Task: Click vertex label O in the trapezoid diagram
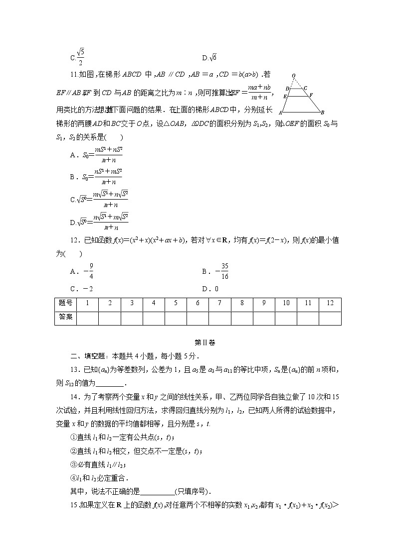click(x=294, y=76)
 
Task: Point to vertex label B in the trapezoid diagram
click(x=323, y=112)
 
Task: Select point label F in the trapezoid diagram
click(x=311, y=95)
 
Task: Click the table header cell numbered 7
click(x=219, y=303)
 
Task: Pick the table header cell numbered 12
click(x=330, y=303)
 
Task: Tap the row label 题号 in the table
click(x=65, y=303)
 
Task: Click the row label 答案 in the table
click(x=65, y=317)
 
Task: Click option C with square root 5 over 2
click(x=78, y=57)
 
